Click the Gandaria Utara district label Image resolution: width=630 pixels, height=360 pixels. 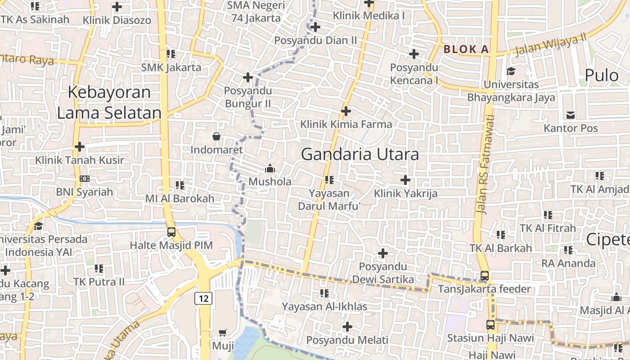point(360,154)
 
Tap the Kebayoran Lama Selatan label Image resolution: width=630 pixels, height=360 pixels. point(109,103)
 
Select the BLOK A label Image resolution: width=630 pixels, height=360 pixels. point(466,49)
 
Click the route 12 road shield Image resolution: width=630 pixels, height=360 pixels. point(203,298)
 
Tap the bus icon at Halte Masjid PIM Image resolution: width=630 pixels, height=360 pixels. point(171,232)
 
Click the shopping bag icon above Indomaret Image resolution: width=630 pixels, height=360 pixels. point(216,136)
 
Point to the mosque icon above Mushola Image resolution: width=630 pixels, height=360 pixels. point(270,168)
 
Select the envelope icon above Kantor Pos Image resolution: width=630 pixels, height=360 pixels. point(571,115)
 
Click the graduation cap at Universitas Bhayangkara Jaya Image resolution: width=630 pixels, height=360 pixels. point(511,71)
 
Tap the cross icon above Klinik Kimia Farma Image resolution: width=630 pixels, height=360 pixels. point(346,111)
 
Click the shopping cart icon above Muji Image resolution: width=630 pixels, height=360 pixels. point(223,333)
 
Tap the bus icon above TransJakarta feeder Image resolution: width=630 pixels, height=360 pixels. point(485,276)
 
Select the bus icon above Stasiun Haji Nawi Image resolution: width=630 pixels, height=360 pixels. point(490,324)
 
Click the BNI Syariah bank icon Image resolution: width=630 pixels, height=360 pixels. point(84,179)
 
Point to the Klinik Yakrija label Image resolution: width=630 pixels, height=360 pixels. point(405,193)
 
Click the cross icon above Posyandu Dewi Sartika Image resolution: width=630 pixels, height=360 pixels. point(383,253)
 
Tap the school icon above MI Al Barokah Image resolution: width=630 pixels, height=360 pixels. point(180,185)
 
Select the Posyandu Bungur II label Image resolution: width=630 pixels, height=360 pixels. point(247,97)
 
